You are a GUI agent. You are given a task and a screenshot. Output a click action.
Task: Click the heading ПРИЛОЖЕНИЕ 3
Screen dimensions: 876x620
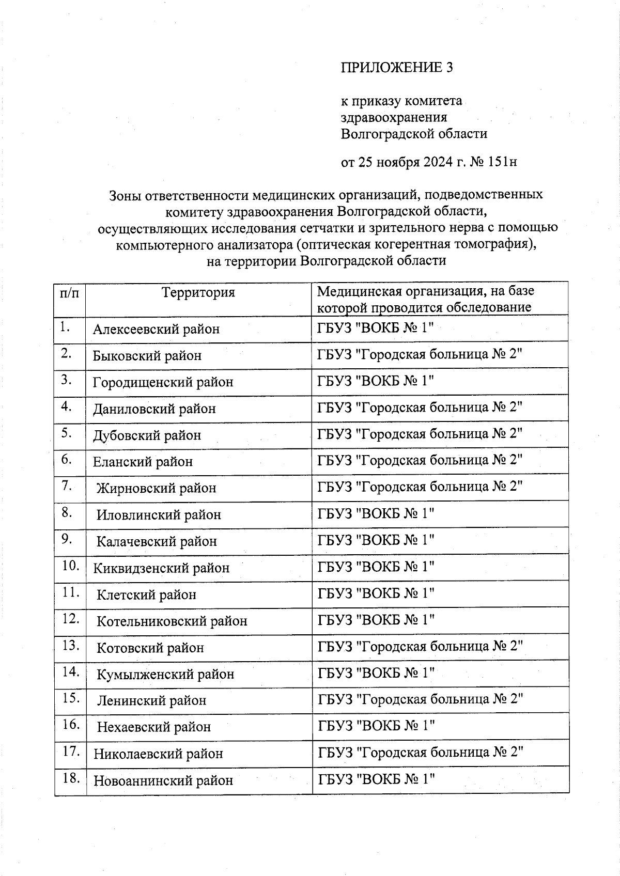pyautogui.click(x=396, y=68)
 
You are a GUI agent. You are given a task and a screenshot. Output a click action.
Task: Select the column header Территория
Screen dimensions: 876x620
pyautogui.click(x=198, y=293)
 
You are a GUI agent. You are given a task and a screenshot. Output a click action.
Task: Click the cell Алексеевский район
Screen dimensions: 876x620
pyautogui.click(x=156, y=329)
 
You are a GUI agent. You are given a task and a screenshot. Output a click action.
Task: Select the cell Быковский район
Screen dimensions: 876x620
pyautogui.click(x=147, y=356)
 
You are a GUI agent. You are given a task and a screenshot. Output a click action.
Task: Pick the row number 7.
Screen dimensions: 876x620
pyautogui.click(x=66, y=486)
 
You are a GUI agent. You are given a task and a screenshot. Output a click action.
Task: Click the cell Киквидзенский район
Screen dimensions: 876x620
pyautogui.click(x=161, y=568)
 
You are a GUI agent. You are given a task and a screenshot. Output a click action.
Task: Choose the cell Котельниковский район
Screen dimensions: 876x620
pyautogui.click(x=172, y=621)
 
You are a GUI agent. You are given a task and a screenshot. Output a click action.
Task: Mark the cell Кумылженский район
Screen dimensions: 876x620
pyautogui.click(x=165, y=674)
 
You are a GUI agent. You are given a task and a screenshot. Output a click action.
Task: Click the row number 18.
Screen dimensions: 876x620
pyautogui.click(x=70, y=778)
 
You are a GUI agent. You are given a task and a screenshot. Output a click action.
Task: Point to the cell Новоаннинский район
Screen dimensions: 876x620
pyautogui.click(x=163, y=780)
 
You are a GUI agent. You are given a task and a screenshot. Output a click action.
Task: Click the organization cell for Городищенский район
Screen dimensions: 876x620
pyautogui.click(x=376, y=381)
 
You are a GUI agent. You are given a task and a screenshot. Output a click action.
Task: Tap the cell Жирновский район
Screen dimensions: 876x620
pyautogui.click(x=156, y=488)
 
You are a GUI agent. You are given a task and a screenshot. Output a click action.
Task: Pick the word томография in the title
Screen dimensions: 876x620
pyautogui.click(x=491, y=244)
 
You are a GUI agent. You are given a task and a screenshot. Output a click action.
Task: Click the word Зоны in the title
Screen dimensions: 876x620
pyautogui.click(x=124, y=195)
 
